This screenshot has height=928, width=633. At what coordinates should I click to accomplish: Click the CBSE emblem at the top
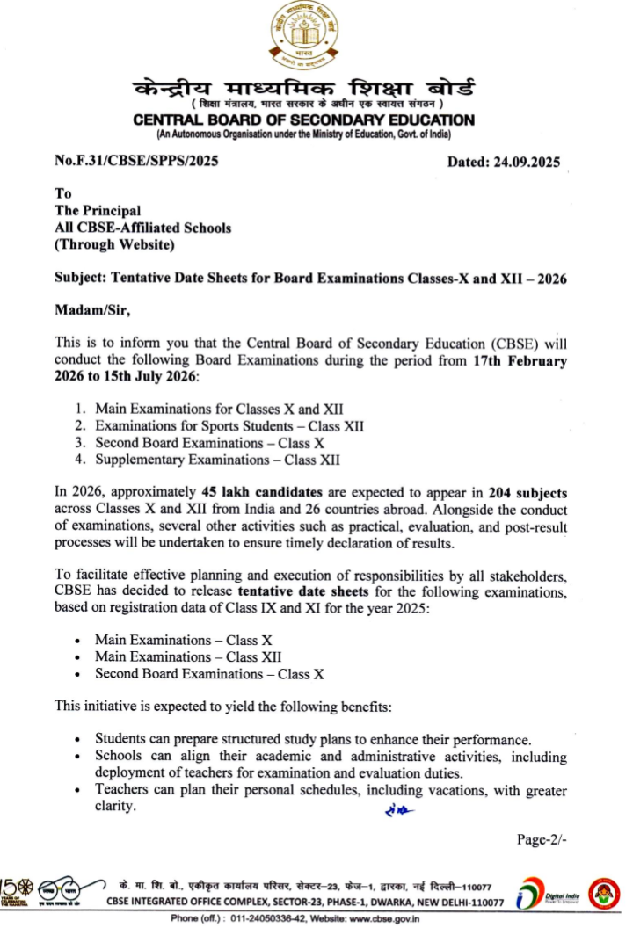[x=303, y=37]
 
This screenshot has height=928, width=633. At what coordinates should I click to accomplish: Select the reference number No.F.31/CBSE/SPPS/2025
[x=136, y=160]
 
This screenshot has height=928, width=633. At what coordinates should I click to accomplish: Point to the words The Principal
[x=98, y=210]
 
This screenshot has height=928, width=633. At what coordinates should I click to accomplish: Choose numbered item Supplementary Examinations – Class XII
[x=217, y=459]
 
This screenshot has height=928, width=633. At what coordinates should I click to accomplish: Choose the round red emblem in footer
[x=604, y=890]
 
